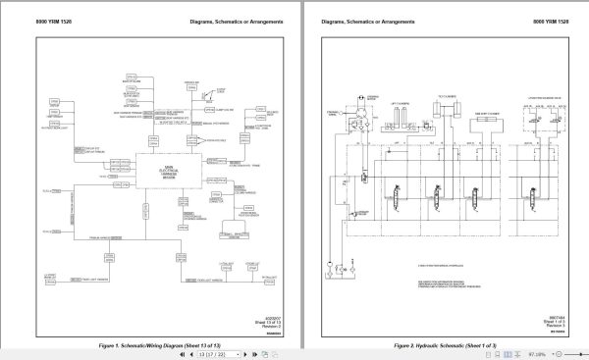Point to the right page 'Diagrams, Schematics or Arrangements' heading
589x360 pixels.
point(364,20)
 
